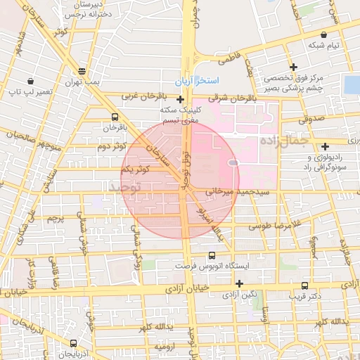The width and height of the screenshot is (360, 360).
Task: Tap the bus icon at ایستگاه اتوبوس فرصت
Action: tap(212, 257)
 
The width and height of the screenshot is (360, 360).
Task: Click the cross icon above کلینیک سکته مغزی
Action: tap(181, 99)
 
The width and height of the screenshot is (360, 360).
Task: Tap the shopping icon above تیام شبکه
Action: tap(323, 34)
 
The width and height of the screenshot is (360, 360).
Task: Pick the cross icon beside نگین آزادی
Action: tap(240, 284)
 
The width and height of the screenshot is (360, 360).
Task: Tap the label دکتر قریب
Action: tap(304, 296)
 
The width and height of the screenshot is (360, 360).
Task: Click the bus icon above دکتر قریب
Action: tap(304, 285)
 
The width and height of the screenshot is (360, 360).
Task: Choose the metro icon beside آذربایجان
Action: tap(74, 343)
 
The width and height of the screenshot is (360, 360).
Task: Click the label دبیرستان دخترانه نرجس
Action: tap(89, 9)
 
